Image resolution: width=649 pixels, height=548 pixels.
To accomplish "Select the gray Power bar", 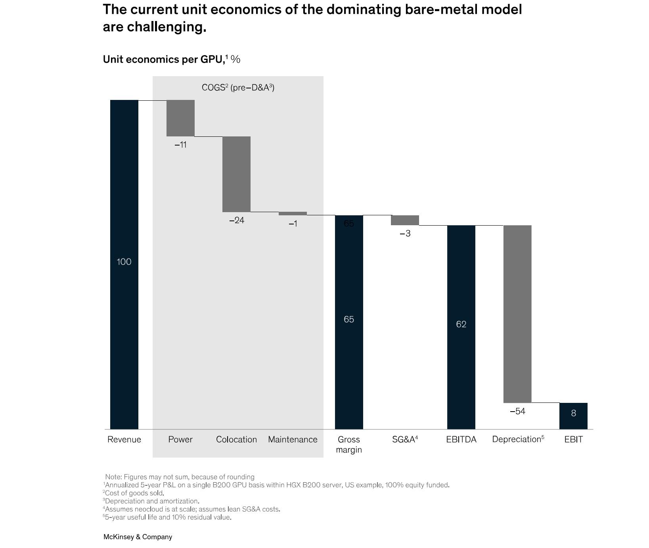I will (180, 118).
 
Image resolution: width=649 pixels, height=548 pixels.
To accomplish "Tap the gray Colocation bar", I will (236, 174).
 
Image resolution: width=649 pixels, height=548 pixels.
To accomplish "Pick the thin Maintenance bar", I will (293, 213).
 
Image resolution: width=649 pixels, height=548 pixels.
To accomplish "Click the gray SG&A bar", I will (405, 220).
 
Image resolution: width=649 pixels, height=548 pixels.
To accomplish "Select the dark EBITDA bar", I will (461, 278).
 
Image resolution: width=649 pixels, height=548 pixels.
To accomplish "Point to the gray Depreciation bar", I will (517, 314).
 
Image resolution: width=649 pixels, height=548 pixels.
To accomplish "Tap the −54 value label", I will (517, 411).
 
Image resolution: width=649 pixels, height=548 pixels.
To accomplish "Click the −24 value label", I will (237, 220).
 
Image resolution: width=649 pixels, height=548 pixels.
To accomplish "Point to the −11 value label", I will (180, 145).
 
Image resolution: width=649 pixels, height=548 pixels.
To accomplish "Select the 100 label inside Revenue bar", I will (124, 262).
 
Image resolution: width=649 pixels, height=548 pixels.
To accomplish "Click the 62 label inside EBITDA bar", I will (461, 324).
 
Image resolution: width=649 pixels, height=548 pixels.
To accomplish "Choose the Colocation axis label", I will (236, 439).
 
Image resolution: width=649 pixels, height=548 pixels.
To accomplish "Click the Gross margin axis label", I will (349, 445).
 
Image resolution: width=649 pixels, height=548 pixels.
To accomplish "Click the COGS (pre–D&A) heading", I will (238, 88).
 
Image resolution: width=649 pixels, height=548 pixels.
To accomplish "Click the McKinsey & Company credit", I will (138, 537).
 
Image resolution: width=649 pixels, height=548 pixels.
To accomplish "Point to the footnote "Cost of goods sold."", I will (134, 493).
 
